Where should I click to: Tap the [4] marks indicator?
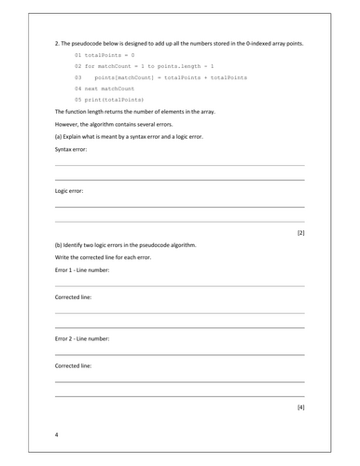coord(299,407)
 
